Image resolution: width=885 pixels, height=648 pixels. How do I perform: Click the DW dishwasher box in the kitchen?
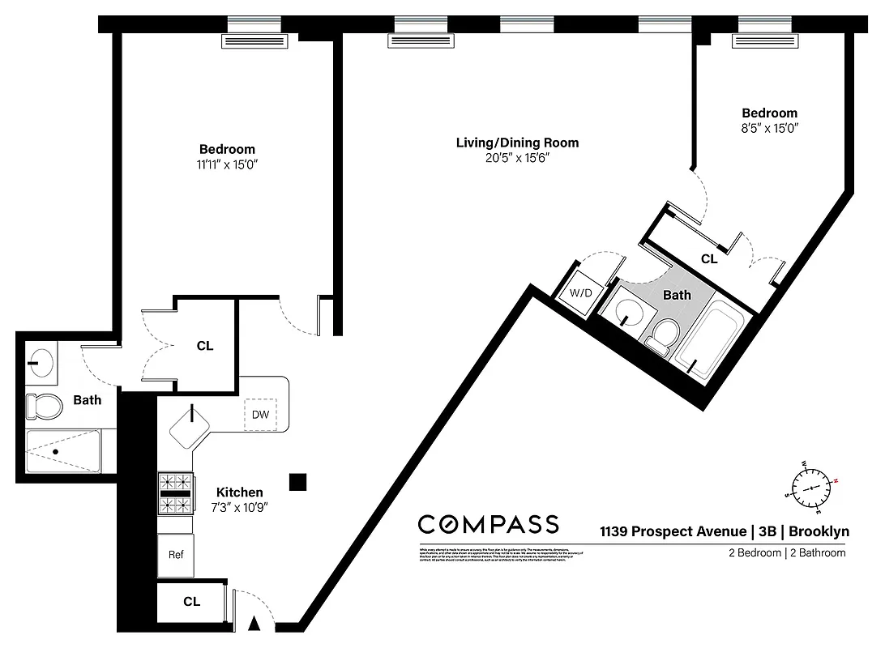(x=260, y=415)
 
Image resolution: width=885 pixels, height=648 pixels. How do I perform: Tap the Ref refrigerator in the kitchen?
(x=175, y=556)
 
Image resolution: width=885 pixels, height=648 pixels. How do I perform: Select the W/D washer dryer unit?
(x=579, y=293)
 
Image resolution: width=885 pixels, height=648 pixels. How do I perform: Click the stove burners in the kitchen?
(x=175, y=493)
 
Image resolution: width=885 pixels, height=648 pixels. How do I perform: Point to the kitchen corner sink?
(x=191, y=426)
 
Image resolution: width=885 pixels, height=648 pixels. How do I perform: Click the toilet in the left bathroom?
(x=44, y=405)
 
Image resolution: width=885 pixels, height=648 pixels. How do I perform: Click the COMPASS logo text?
(x=488, y=524)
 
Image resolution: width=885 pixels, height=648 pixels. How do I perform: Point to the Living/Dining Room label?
(x=517, y=143)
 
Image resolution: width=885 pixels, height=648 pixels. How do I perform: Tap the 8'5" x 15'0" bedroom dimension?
(x=770, y=128)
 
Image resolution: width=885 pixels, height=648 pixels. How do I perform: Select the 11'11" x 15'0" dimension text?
(x=227, y=164)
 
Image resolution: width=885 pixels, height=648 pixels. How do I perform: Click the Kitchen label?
(x=239, y=492)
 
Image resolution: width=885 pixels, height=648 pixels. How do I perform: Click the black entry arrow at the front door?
(x=254, y=623)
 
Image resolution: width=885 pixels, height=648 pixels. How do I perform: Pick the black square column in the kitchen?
(x=298, y=482)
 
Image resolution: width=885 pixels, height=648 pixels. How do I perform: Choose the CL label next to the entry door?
(x=191, y=602)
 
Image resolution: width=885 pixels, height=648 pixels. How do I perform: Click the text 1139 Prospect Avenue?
(x=673, y=531)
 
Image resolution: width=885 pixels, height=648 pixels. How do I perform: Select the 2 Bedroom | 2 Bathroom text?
(x=785, y=553)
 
